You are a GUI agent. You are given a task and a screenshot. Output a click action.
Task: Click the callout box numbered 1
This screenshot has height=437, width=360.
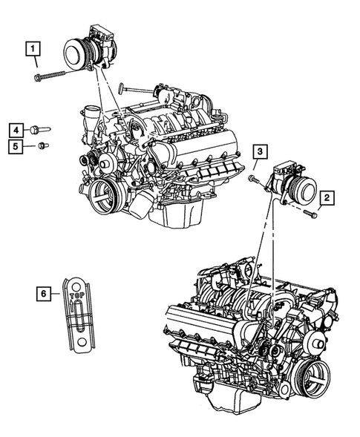pyautogui.click(x=33, y=49)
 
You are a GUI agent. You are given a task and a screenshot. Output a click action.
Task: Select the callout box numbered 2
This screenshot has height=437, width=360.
pyautogui.click(x=327, y=198)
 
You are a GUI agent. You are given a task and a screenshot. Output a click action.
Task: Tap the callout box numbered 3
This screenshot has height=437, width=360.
pyautogui.click(x=260, y=151)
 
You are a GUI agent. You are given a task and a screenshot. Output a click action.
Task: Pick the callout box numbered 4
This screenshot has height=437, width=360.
pyautogui.click(x=16, y=130)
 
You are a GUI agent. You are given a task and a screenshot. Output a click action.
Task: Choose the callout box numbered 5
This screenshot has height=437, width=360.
pyautogui.click(x=16, y=145)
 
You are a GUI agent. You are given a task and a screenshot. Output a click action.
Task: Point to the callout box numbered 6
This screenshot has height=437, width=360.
pyautogui.click(x=44, y=294)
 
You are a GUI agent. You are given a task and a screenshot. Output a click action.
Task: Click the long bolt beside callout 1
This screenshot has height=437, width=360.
pyautogui.click(x=50, y=76)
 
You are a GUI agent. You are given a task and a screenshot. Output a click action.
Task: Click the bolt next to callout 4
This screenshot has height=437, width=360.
pyautogui.click(x=40, y=130)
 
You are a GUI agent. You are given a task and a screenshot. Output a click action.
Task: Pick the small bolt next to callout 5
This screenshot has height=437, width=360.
pyautogui.click(x=43, y=145)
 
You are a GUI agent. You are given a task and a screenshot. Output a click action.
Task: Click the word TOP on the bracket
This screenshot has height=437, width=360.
pyautogui.click(x=76, y=296)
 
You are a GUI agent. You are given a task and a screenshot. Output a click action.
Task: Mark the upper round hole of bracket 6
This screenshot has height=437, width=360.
pyautogui.click(x=75, y=286)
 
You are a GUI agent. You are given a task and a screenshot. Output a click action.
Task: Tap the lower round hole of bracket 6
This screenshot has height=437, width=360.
pyautogui.click(x=81, y=342)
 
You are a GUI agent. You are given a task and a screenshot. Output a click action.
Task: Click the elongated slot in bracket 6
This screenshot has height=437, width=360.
pyautogui.click(x=79, y=316)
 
